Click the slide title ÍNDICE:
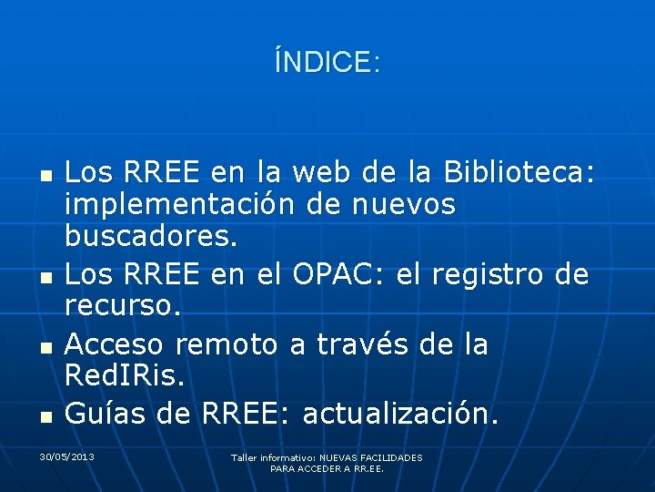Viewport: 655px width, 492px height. coord(327,62)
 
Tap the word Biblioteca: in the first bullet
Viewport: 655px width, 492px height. coord(519,171)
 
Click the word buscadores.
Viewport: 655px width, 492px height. coord(151,238)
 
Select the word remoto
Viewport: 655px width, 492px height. coord(227,344)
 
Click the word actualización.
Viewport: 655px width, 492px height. coord(401,414)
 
